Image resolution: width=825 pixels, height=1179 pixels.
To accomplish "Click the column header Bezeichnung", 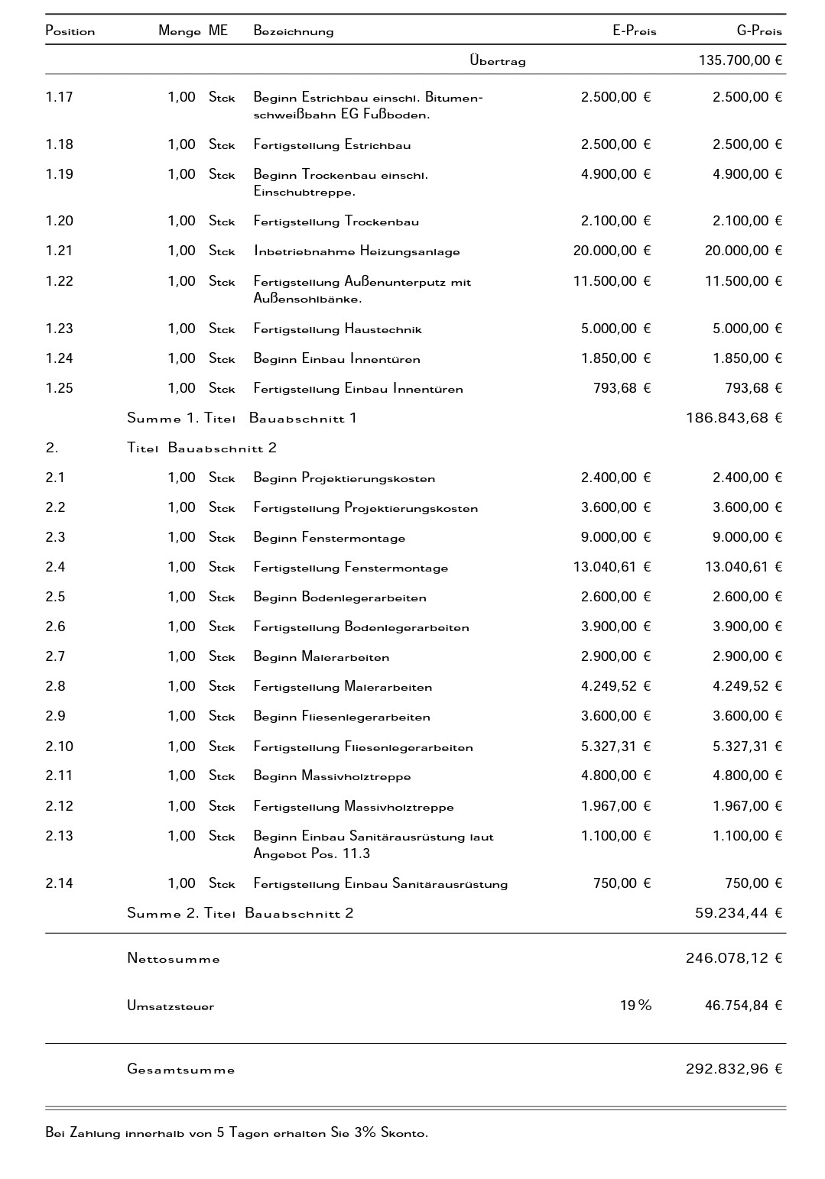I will (x=294, y=31).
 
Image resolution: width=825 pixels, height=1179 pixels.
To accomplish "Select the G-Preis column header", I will (x=758, y=31).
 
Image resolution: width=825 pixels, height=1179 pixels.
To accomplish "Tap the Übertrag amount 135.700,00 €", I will (x=740, y=60).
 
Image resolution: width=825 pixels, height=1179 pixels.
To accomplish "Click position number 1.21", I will (x=59, y=251).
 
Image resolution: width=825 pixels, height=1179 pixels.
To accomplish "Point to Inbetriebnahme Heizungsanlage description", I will (x=356, y=251).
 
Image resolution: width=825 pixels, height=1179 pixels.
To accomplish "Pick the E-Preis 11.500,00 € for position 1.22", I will (x=612, y=281).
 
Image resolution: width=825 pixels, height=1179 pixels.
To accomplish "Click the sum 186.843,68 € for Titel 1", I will (x=734, y=418).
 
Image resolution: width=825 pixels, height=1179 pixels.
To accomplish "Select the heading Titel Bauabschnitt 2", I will (x=202, y=448).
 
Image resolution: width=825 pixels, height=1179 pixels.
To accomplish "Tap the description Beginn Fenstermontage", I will (x=330, y=538).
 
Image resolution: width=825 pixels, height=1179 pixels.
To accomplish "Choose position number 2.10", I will (x=59, y=747).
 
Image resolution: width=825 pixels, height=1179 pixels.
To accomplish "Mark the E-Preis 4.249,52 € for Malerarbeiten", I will (x=616, y=686).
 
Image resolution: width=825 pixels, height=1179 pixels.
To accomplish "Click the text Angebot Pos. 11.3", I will (x=312, y=853).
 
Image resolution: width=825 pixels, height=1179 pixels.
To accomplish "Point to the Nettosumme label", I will (x=174, y=959).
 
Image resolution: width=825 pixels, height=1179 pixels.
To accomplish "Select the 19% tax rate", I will (x=635, y=1006).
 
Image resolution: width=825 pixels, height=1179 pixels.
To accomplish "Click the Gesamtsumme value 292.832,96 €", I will (x=734, y=1069).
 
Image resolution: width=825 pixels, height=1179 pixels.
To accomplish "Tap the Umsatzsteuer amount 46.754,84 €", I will (x=743, y=1006).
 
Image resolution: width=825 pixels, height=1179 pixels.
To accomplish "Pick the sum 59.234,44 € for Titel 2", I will (x=739, y=913).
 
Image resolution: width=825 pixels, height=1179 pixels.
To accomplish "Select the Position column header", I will (x=70, y=31).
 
